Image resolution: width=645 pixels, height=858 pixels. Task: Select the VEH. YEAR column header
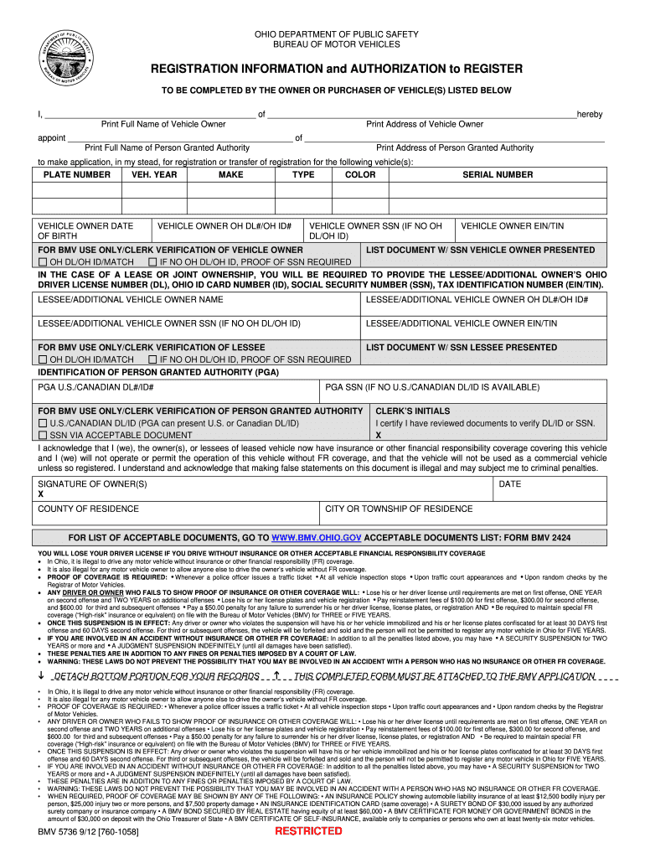tap(154, 174)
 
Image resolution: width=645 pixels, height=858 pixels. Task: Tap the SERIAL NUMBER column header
tap(498, 174)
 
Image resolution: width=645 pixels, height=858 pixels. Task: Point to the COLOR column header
tap(360, 174)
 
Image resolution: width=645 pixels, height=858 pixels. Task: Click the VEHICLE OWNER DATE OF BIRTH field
tap(85, 231)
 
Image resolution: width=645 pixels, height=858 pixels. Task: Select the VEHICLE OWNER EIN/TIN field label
tap(512, 226)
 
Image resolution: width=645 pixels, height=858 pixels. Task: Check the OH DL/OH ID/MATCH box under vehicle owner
tap(43, 263)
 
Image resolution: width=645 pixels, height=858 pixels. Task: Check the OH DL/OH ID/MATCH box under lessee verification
tap(43, 359)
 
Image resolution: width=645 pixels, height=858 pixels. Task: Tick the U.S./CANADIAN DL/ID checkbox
tap(43, 424)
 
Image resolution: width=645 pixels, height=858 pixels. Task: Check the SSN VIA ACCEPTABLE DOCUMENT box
tap(43, 436)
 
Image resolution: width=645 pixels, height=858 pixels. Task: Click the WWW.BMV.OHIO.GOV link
tap(317, 537)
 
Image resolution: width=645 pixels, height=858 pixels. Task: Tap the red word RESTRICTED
tap(309, 831)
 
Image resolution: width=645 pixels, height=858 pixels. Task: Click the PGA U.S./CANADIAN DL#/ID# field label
tap(95, 387)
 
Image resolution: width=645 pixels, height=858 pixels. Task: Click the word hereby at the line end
tap(590, 114)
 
